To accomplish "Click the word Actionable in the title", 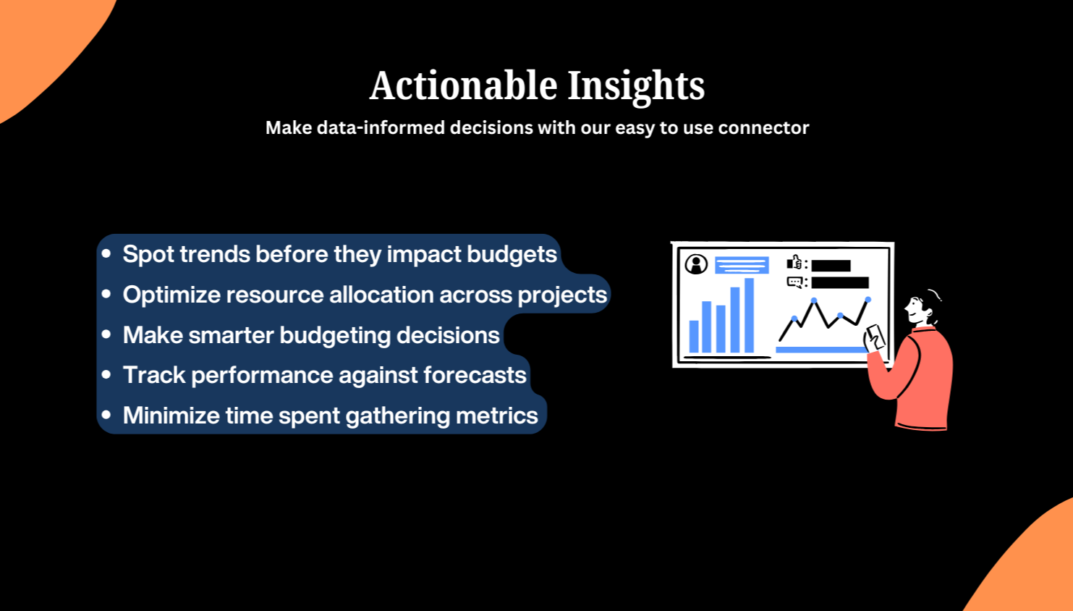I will [464, 86].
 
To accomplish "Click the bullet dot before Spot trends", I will [107, 254].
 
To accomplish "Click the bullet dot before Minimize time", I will [107, 416].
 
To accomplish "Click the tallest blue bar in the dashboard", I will [750, 316].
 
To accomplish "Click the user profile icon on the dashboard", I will [696, 264].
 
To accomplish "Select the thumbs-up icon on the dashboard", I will [794, 263].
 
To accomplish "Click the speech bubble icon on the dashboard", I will [794, 282].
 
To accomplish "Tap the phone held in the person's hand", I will [875, 337].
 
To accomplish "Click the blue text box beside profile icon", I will [742, 265].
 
